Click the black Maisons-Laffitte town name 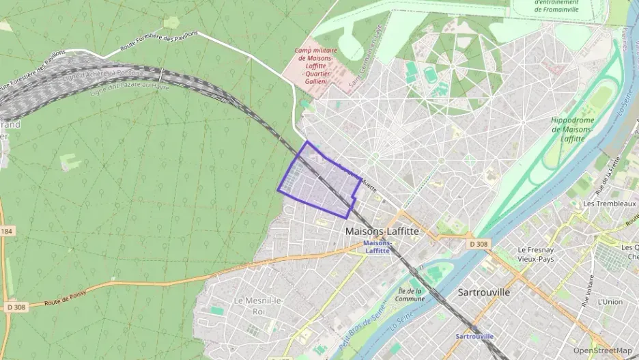click(382, 231)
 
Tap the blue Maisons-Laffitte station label click(378, 247)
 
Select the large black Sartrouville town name click(483, 292)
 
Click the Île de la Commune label click(410, 294)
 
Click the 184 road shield click(7, 232)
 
